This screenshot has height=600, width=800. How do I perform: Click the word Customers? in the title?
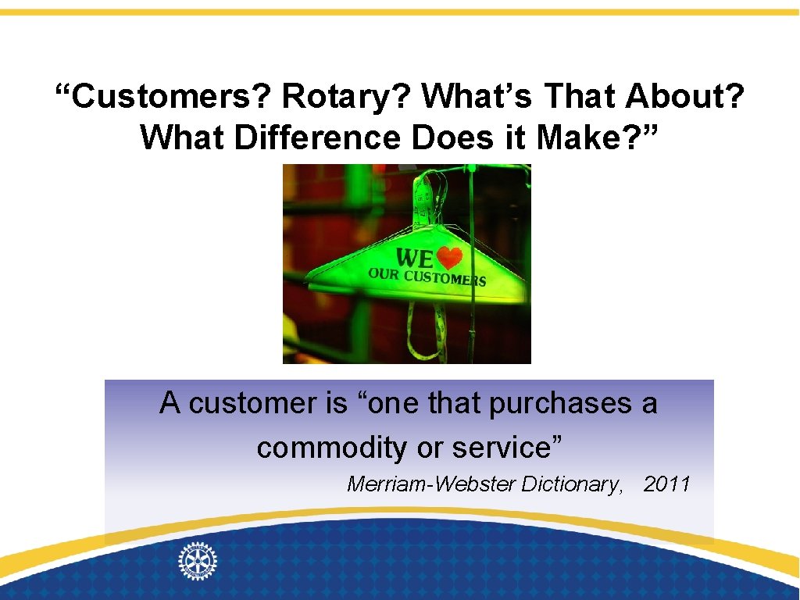tap(163, 97)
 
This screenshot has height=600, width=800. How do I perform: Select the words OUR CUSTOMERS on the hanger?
tap(427, 277)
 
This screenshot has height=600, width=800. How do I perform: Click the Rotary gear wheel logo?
tap(198, 561)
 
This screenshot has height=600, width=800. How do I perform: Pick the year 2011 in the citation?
tap(666, 484)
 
